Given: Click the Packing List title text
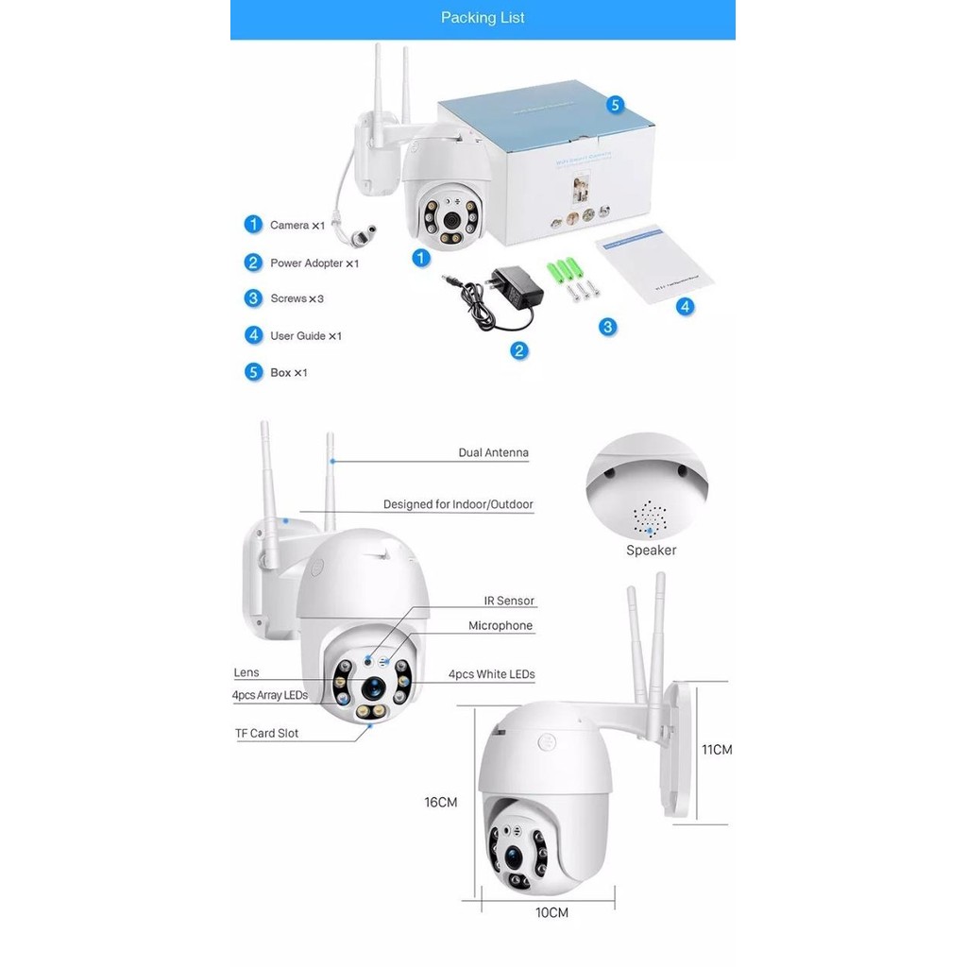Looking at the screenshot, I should tap(483, 18).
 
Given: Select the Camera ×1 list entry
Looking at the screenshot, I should tap(297, 226).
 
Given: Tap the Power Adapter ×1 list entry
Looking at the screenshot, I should tap(314, 263).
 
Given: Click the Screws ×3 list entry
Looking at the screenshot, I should tap(297, 298).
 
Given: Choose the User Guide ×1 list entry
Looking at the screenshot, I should tap(305, 336).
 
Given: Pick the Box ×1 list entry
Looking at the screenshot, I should tap(288, 373).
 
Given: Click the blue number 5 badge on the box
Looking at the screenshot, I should tap(615, 105).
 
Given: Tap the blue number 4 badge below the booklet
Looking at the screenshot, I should tap(686, 306).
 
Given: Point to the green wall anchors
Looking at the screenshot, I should tap(563, 270).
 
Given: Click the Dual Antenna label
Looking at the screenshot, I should tap(493, 453).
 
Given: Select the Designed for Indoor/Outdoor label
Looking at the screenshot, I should tap(458, 505).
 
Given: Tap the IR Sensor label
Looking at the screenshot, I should tap(509, 601).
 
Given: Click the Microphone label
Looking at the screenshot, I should tap(500, 626).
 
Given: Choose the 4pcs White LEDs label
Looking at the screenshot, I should tap(491, 674).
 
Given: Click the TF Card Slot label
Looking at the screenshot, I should tap(266, 734).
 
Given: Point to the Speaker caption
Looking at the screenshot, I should tap(651, 551).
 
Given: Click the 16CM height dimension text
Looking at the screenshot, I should tap(440, 803).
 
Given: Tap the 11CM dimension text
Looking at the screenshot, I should tap(717, 750).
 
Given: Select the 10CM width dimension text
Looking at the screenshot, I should tap(551, 913).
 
